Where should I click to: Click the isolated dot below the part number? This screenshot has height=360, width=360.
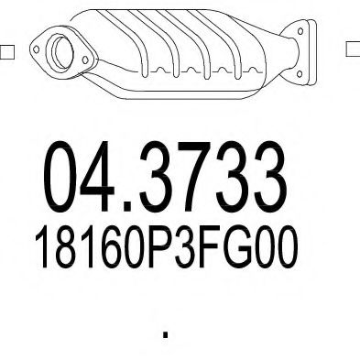point(166,335)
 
